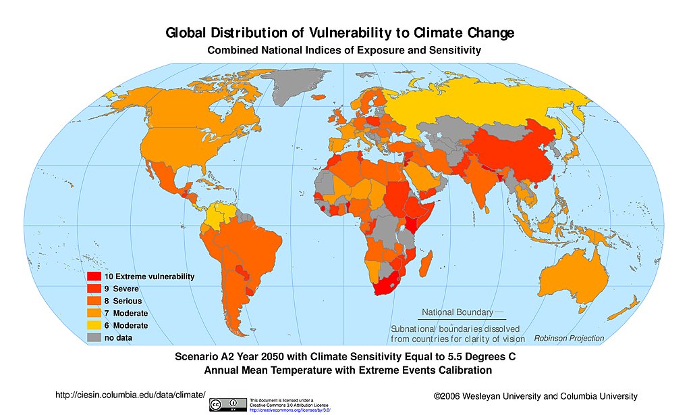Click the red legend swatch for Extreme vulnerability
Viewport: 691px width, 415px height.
(x=93, y=276)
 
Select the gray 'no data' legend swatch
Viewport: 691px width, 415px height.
(x=93, y=338)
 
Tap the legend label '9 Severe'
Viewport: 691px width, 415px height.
(x=121, y=289)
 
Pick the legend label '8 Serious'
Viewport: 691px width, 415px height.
(x=123, y=301)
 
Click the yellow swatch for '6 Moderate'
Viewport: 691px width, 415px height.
(x=93, y=326)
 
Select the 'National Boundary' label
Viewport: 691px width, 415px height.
(x=457, y=312)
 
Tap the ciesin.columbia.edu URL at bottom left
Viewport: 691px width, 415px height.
(x=129, y=395)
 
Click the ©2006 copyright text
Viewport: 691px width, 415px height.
(x=535, y=396)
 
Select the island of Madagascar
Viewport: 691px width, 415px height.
(x=426, y=260)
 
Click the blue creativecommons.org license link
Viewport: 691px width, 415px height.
(x=289, y=410)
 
